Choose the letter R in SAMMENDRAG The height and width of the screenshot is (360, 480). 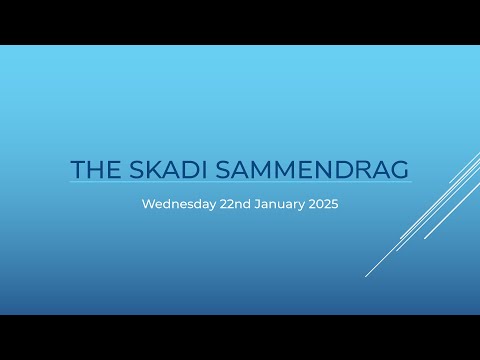[x=361, y=169]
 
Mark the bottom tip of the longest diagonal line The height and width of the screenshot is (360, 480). [x=366, y=276]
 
